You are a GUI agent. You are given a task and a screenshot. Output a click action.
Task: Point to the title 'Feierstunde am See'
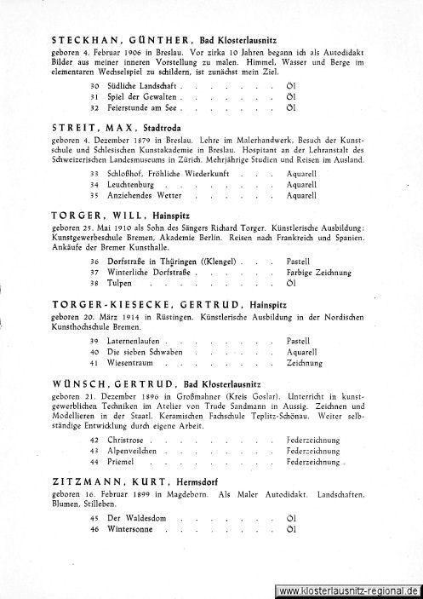pos(142,109)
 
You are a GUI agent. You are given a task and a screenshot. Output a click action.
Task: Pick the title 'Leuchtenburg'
pos(132,184)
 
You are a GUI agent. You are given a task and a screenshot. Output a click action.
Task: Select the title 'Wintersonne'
pos(129,529)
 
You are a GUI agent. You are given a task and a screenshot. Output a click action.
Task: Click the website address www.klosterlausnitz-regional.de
pos(348,590)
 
